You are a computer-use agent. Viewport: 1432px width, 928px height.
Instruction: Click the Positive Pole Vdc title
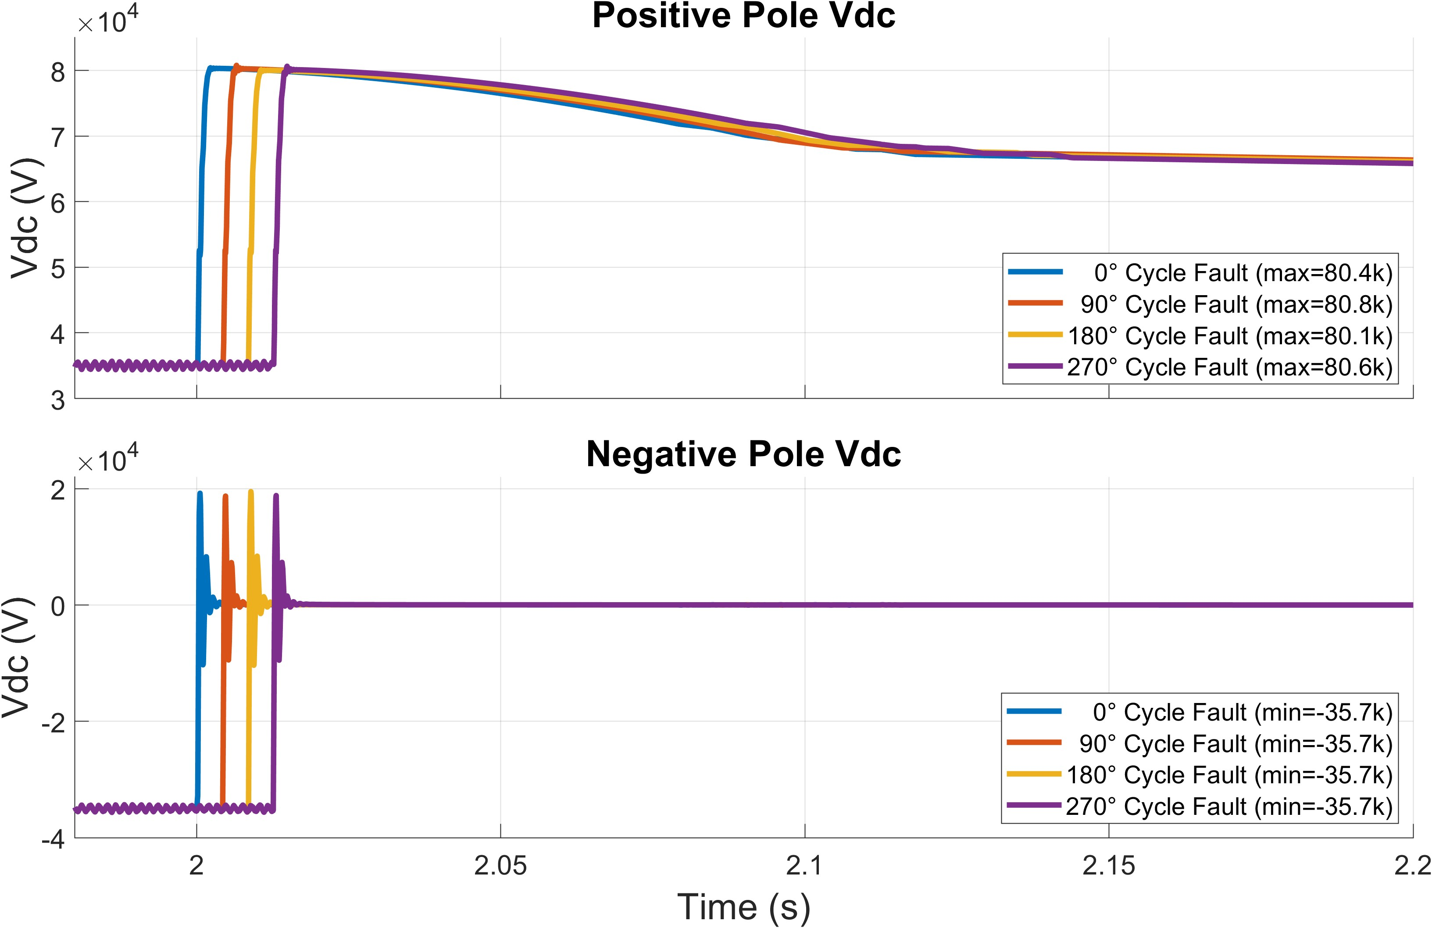pos(744,16)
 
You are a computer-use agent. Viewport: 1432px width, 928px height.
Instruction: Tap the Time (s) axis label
pos(744,907)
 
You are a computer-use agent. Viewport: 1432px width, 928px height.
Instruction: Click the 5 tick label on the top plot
pos(58,268)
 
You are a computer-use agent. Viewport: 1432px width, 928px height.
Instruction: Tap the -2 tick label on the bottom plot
pos(53,722)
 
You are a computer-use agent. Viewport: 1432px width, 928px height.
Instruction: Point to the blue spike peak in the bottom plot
pos(200,493)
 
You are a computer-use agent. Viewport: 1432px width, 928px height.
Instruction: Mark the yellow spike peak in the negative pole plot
pos(251,492)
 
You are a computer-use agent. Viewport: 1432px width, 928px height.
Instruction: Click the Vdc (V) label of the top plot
pos(25,218)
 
